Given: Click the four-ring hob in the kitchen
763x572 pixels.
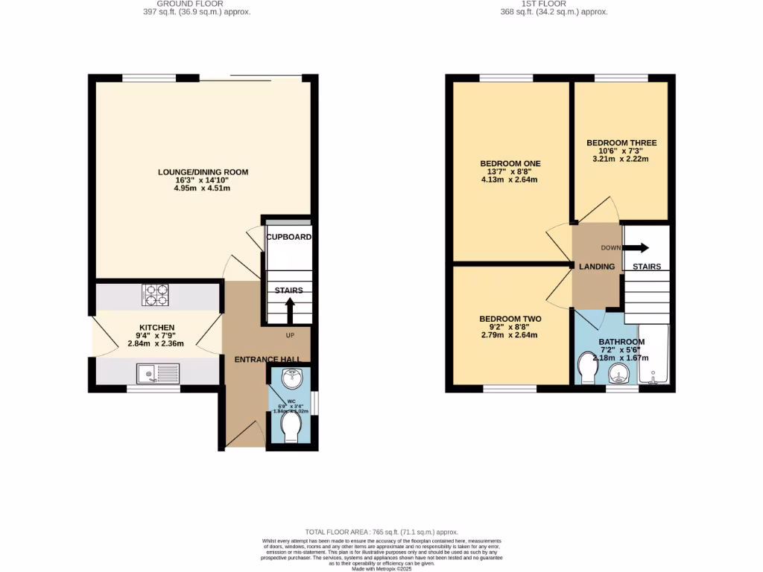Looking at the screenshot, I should click(x=156, y=296).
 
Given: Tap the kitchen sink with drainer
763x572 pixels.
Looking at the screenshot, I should click(x=158, y=371).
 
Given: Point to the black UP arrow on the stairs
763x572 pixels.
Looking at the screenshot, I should click(x=290, y=311).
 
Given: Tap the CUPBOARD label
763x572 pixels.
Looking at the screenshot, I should click(x=288, y=237).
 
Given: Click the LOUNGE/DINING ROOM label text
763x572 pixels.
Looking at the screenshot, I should click(x=203, y=172).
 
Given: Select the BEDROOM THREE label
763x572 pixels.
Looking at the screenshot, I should click(x=621, y=142).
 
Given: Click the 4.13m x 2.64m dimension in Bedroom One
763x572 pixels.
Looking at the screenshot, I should click(x=510, y=179).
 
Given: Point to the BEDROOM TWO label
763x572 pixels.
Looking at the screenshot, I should click(x=510, y=319).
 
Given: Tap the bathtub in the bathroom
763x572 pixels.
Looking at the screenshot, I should click(x=653, y=355).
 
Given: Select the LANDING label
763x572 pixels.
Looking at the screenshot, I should click(x=597, y=267).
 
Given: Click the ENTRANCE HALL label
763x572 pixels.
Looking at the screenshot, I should click(x=267, y=360).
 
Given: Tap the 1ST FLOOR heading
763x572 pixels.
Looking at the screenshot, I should click(x=553, y=4).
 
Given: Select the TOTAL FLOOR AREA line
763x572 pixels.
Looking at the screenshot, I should click(x=381, y=533).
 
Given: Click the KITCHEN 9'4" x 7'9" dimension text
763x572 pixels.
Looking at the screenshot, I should click(x=156, y=336).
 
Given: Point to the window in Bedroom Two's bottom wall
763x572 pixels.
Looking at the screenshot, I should click(x=510, y=388).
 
